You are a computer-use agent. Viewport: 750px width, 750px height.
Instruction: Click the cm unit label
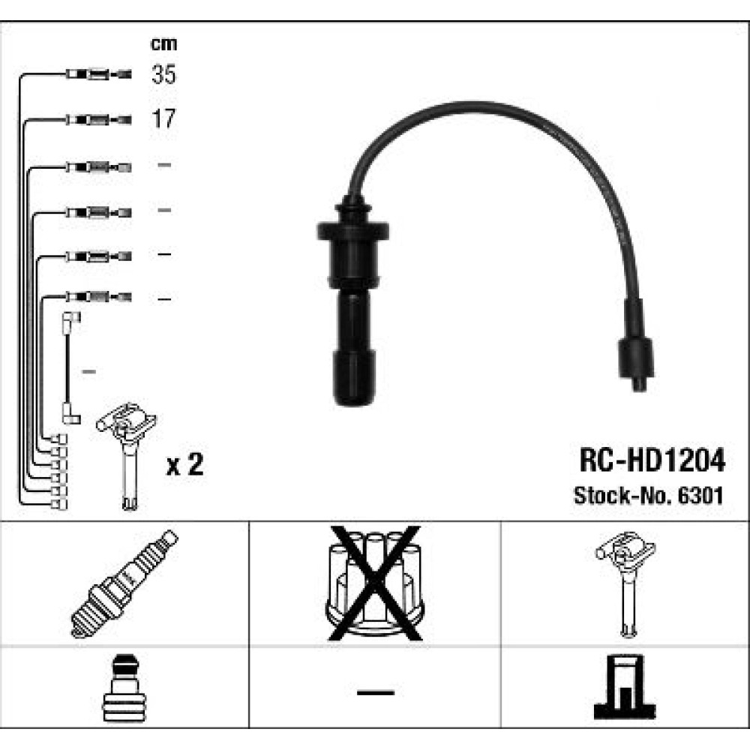163,44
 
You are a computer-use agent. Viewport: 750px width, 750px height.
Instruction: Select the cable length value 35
163,74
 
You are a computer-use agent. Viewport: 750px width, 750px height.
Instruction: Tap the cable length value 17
163,118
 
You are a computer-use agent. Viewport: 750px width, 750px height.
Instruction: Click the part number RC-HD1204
652,460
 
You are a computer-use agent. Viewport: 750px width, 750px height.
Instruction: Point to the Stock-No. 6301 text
648,495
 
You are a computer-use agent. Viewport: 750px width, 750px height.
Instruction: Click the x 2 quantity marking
184,464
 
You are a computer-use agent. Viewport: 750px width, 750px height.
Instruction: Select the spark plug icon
124,583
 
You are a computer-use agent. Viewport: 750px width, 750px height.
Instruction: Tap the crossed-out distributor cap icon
375,583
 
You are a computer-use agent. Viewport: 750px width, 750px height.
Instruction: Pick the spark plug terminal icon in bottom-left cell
124,688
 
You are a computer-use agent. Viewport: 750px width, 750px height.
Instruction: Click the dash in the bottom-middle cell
376,692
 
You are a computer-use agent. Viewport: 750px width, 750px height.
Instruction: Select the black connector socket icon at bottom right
625,687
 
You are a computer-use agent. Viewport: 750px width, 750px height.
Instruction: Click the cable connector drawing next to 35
98,74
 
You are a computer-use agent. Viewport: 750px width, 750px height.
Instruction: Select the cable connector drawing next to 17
98,119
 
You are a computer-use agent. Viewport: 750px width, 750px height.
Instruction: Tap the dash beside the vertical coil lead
89,371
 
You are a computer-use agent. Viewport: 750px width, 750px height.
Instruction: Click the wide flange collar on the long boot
352,230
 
